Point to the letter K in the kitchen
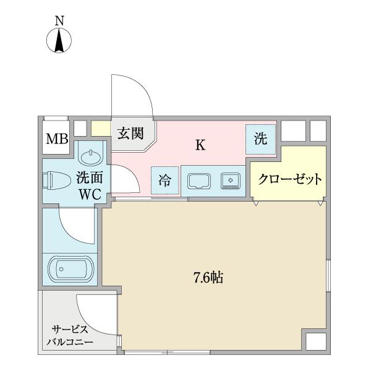point(200,145)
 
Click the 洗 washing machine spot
point(260,139)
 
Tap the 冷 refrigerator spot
point(165,181)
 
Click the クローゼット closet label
point(289,180)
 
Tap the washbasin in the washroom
point(92,154)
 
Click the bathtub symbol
point(70,269)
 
